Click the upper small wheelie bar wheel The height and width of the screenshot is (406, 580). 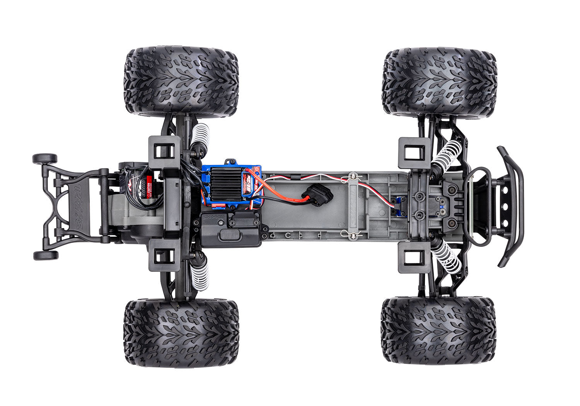pos(45,159)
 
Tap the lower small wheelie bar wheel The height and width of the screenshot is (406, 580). pos(46,255)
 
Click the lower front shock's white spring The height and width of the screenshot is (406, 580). pos(447,257)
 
